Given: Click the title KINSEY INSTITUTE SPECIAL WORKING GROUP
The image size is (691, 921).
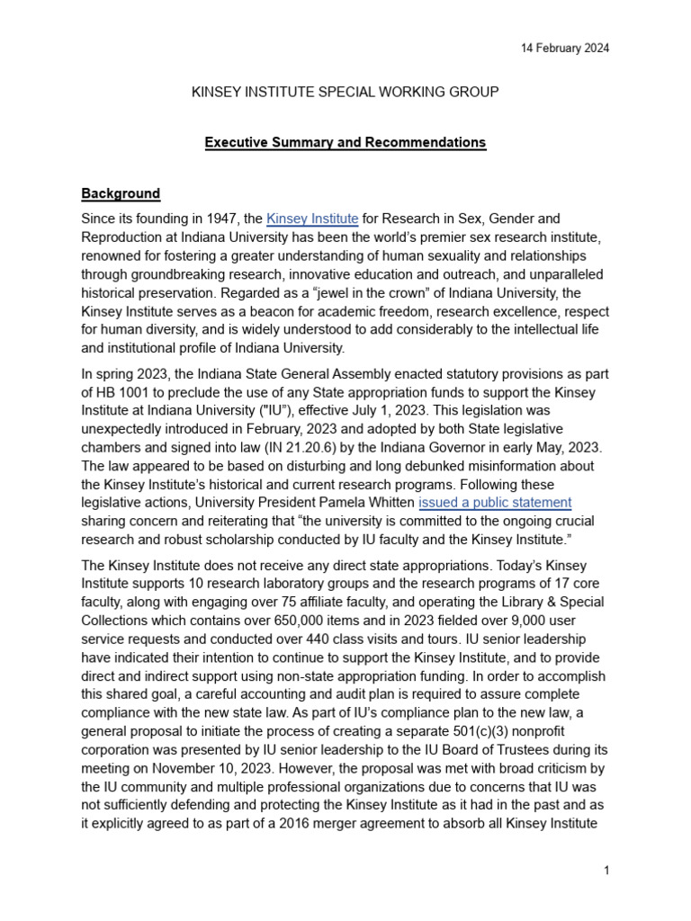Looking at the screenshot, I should click(x=345, y=92).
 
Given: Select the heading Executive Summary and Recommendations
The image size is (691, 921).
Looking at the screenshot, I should click(x=345, y=142).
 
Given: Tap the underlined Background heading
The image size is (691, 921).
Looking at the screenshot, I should click(x=121, y=193).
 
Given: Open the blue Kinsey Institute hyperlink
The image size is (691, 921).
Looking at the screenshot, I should click(x=313, y=219).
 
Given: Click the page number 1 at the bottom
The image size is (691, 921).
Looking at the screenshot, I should click(x=607, y=871).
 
